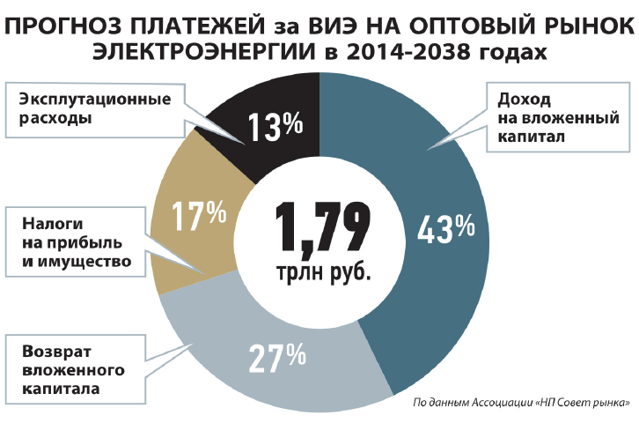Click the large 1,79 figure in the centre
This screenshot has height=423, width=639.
coord(319,226)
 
